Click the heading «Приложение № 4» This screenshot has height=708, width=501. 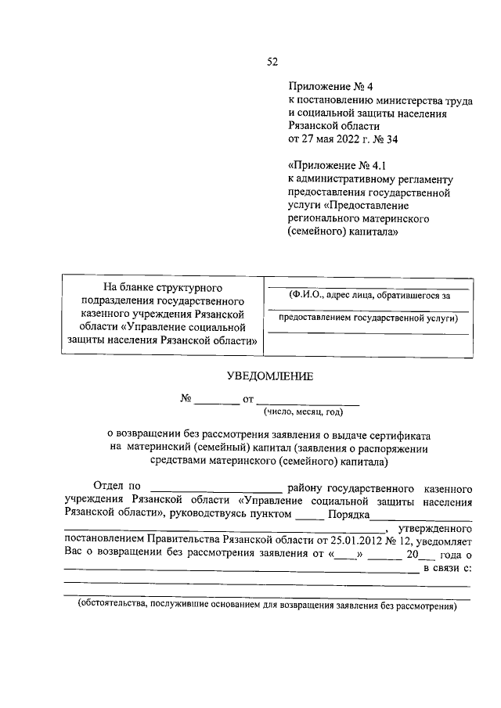pos(321,88)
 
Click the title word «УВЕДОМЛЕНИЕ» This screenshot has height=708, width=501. pos(269,376)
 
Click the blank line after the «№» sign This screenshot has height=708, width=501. pos(217,402)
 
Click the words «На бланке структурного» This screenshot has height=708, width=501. pos(164,288)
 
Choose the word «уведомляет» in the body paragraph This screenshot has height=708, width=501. pos(443,540)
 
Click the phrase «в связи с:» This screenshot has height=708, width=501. pos(447,567)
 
